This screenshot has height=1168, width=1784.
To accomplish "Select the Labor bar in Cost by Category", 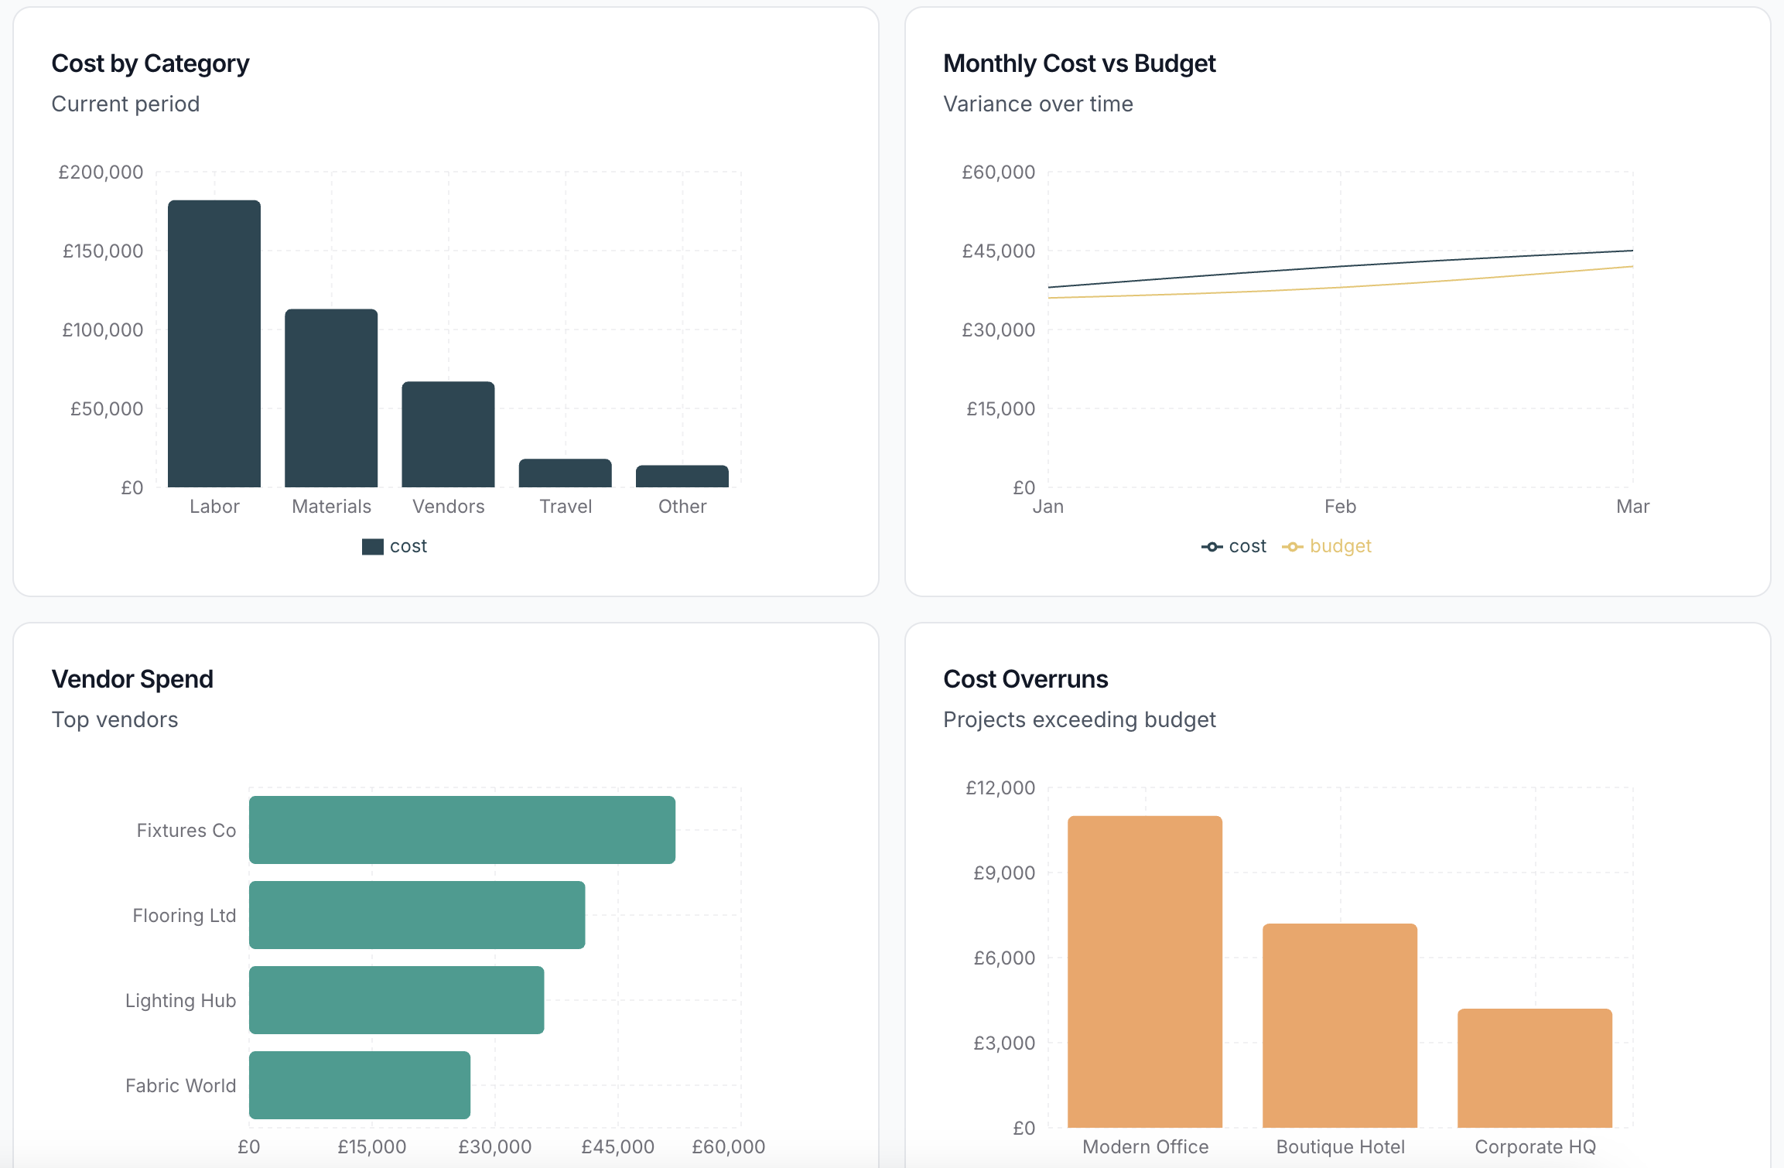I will (214, 344).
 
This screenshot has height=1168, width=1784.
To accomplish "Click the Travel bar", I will (565, 473).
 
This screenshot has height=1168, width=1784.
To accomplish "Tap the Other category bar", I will (682, 476).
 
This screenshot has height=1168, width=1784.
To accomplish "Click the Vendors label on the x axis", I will (448, 507).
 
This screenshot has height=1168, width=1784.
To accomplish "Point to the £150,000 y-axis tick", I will (103, 251).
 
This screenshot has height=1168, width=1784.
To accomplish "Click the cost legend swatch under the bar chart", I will (373, 547).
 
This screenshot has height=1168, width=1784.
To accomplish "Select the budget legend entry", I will (1327, 547).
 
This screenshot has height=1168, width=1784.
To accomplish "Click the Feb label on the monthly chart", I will (1340, 507).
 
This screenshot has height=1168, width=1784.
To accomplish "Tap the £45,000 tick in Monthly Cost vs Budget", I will (998, 251).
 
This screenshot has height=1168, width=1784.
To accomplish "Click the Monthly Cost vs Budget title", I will (1078, 63).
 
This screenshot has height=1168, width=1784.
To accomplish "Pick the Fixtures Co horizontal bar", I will (462, 830).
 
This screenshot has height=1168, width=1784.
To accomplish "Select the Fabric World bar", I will (360, 1085).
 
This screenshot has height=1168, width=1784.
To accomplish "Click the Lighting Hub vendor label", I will (180, 1000).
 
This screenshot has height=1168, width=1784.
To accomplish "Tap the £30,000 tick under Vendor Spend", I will (494, 1146).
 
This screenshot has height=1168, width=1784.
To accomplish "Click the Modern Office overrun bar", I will (1145, 972).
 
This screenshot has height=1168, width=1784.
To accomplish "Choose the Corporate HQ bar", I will (1535, 1067).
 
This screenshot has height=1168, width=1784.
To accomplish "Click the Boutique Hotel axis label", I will (1340, 1146).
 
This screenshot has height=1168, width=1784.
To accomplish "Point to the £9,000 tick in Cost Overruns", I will (1003, 873).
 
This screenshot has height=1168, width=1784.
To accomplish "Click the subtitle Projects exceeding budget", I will (1078, 719).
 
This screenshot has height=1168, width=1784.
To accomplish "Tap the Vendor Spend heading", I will (132, 679).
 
